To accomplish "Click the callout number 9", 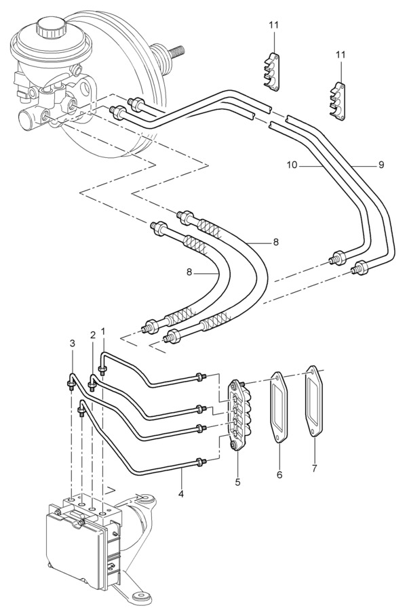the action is [x=381, y=165].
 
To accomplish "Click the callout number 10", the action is [x=292, y=165].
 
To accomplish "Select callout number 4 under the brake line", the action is [x=180, y=494].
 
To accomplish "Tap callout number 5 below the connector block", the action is [x=238, y=483].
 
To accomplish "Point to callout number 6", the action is [x=279, y=474].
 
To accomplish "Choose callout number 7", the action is [x=315, y=468].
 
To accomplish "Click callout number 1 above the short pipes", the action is [x=103, y=331].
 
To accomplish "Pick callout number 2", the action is [x=93, y=335].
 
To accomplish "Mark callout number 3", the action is [x=73, y=343].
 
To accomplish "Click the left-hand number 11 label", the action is [x=274, y=25].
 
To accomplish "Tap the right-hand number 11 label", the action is [x=341, y=55].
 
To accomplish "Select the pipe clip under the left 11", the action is [x=270, y=72].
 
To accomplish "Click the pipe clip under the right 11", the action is [x=337, y=102].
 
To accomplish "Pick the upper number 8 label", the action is [x=276, y=243].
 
